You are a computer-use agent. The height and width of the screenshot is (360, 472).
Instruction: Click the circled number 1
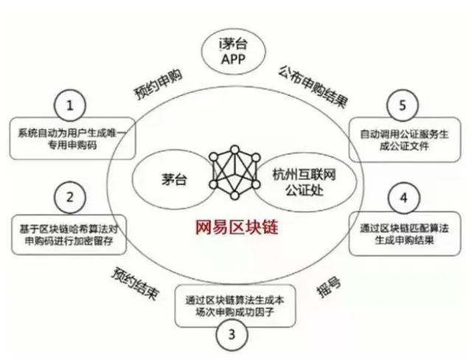(x=70, y=105)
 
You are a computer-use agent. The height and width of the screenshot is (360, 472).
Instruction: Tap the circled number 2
(x=70, y=198)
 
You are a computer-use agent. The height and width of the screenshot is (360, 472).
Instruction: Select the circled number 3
(x=232, y=334)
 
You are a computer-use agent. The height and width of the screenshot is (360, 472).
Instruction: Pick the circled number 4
(x=403, y=198)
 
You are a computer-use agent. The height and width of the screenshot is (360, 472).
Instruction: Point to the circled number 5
(x=403, y=105)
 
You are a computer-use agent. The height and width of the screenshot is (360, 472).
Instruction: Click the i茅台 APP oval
(x=233, y=52)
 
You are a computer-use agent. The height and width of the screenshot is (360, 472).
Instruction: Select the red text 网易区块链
(x=237, y=227)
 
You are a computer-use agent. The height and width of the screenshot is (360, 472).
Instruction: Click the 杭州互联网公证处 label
(x=304, y=182)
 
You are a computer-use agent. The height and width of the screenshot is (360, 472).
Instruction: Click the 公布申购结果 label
(x=313, y=86)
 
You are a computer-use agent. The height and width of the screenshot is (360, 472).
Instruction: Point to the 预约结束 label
(x=135, y=284)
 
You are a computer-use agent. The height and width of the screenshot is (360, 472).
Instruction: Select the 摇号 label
(x=329, y=287)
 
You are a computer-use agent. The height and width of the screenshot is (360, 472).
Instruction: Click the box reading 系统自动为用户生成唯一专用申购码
(x=72, y=139)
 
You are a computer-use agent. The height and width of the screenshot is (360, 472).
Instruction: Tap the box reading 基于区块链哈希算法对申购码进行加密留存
(x=69, y=235)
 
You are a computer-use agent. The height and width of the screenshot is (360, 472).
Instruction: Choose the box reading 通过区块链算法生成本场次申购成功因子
(x=235, y=306)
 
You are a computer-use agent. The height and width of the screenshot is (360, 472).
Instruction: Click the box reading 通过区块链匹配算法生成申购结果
(x=405, y=234)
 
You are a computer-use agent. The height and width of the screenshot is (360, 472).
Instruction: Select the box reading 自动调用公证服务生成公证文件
(x=405, y=139)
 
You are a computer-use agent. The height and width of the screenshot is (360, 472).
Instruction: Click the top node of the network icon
(x=235, y=150)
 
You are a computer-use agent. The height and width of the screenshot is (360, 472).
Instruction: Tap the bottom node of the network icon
(x=235, y=195)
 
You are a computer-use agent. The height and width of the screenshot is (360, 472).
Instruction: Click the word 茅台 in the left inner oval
(x=174, y=180)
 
